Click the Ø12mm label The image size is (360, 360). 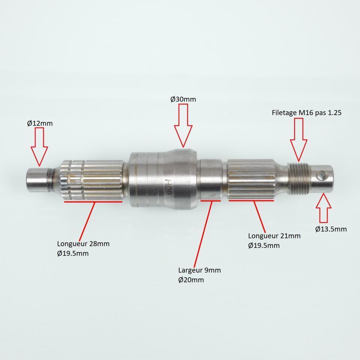tap(40, 123)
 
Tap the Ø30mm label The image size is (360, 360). tap(183, 99)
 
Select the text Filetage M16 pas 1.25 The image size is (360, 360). tap(306, 113)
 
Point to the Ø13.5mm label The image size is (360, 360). tap(331, 229)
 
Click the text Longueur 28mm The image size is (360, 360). tap(83, 244)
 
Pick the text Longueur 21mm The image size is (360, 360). tap(274, 236)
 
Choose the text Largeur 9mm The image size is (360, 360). tap(199, 270)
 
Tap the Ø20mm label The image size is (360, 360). tap(191, 280)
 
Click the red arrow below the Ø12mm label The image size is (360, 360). tap(39, 147)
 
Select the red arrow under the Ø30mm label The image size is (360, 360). tap(183, 125)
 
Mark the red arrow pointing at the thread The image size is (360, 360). tap(299, 139)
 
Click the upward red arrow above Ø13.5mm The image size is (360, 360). tap(324, 208)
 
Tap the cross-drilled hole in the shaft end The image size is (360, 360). tap(319, 176)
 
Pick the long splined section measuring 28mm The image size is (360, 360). tap(92, 180)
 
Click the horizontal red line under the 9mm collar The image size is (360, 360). tap(211, 201)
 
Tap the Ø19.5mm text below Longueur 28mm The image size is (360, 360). tap(73, 253)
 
